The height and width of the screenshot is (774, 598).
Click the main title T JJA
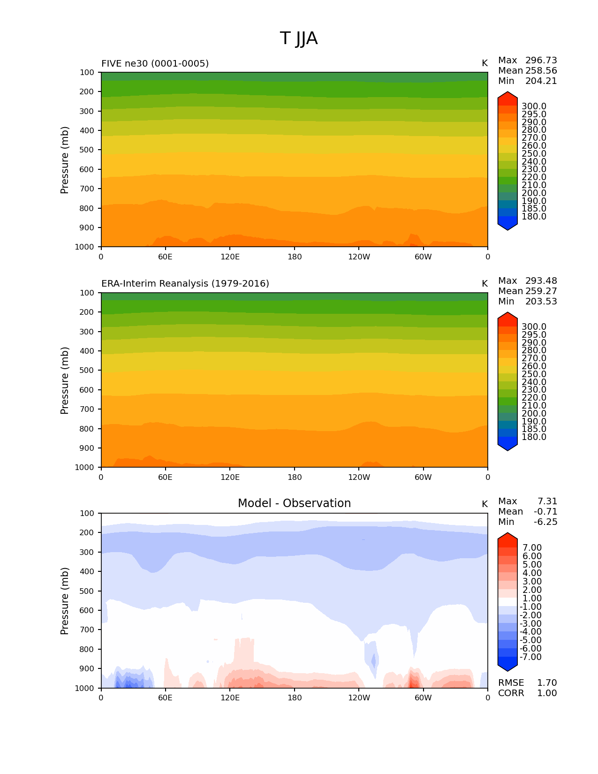pyautogui.click(x=299, y=38)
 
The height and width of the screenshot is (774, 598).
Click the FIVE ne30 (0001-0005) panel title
pyautogui.click(x=155, y=63)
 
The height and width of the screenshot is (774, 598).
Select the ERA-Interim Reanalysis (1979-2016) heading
pyautogui.click(x=185, y=284)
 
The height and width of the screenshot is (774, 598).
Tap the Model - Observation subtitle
pyautogui.click(x=294, y=503)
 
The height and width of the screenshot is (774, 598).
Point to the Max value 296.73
pyautogui.click(x=541, y=61)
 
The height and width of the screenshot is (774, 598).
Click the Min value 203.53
pyautogui.click(x=541, y=302)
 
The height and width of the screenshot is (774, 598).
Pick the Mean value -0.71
pyautogui.click(x=545, y=512)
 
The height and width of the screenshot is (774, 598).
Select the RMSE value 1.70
pyautogui.click(x=547, y=683)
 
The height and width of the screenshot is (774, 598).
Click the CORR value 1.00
pyautogui.click(x=547, y=693)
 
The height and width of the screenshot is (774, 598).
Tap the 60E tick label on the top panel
pyautogui.click(x=165, y=257)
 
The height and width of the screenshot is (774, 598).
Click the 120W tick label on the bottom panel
pyautogui.click(x=359, y=698)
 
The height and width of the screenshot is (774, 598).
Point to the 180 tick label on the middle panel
pyautogui.click(x=295, y=478)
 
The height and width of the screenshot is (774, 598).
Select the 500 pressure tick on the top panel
pyautogui.click(x=87, y=150)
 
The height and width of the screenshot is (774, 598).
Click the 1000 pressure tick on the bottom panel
pyautogui.click(x=84, y=688)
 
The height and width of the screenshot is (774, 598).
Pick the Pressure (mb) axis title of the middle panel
pyautogui.click(x=65, y=380)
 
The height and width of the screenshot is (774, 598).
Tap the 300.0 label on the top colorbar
pyautogui.click(x=534, y=106)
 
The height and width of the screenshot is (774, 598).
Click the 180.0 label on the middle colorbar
pyautogui.click(x=534, y=437)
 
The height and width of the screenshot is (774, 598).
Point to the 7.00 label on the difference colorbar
pyautogui.click(x=532, y=548)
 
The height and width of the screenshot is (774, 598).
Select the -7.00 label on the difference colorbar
pyautogui.click(x=530, y=657)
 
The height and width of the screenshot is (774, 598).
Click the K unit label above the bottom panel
pyautogui.click(x=484, y=504)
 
